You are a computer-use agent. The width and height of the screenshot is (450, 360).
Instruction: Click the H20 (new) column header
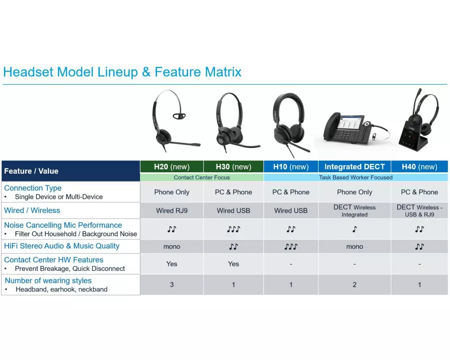click(171, 167)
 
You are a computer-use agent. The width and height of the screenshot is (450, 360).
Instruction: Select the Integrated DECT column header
click(355, 167)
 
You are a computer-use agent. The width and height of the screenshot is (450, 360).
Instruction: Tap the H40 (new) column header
click(419, 167)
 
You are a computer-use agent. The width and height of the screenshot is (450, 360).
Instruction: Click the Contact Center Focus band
click(202, 177)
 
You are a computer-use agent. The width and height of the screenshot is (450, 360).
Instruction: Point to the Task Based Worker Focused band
click(355, 177)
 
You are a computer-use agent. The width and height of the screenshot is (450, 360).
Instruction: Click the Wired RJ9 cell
click(171, 211)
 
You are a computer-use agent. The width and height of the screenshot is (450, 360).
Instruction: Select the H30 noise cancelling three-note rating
click(233, 229)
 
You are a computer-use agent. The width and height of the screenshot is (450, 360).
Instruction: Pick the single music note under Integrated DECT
click(355, 229)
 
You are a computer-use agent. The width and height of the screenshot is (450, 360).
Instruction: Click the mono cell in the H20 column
click(171, 247)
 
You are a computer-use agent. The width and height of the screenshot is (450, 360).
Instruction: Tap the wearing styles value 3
click(171, 285)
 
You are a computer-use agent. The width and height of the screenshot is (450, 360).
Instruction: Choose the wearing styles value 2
click(355, 285)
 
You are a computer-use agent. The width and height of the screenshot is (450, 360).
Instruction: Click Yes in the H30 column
click(233, 264)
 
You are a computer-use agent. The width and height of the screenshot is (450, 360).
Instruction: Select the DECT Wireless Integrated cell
click(355, 211)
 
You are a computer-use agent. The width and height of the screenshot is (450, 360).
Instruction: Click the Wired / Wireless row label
click(32, 211)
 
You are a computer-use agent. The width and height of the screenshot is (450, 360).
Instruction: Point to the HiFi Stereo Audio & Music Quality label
click(62, 246)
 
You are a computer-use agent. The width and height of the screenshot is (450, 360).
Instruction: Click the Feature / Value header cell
click(71, 171)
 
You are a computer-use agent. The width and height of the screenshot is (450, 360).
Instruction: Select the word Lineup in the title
click(117, 72)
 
